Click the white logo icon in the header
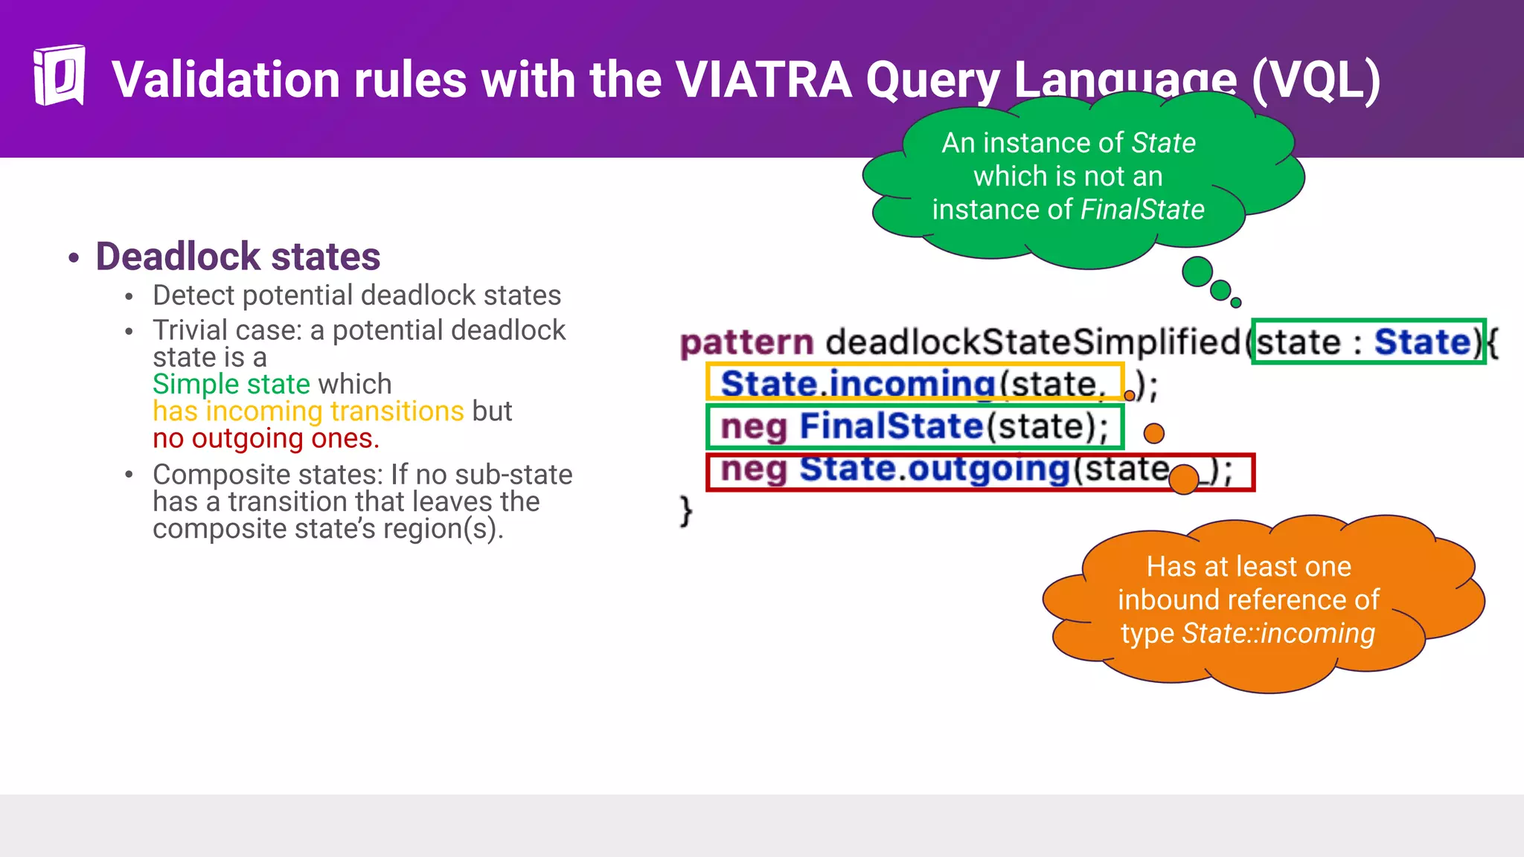click(59, 75)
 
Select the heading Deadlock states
click(238, 257)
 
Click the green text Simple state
click(231, 384)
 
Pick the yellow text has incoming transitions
click(308, 411)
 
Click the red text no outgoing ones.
click(266, 439)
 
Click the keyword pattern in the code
click(746, 343)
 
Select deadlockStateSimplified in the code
click(1033, 342)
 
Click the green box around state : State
click(1368, 342)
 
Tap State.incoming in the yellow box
click(857, 384)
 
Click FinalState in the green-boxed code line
click(891, 426)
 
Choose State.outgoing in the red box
click(934, 469)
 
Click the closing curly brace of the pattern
click(686, 511)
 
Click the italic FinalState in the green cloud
click(1142, 210)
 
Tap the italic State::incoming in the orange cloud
click(1278, 633)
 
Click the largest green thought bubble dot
click(1197, 272)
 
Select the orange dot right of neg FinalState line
click(1153, 433)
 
